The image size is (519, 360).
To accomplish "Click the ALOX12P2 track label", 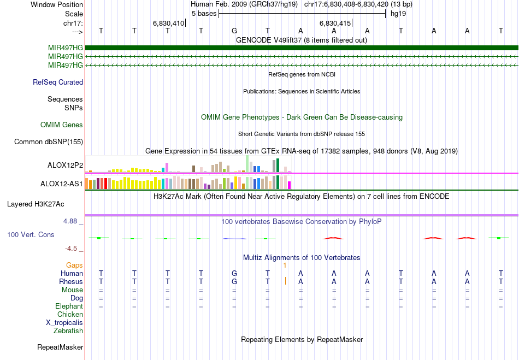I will point(65,165).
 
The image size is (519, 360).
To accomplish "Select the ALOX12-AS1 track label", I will point(62,184).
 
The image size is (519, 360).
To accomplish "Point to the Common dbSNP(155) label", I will point(49,142).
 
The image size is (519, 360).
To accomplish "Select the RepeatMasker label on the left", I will point(60,347).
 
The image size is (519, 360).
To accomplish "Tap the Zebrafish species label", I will point(68,331).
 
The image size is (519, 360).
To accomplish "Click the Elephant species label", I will point(69,306).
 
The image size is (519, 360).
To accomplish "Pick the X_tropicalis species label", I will point(64,322).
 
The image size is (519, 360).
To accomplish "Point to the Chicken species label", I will point(70,314).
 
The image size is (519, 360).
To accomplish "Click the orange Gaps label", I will point(74,265).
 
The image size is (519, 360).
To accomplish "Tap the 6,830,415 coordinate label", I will point(335,23).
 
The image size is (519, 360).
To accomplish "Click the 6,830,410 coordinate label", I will point(169,23).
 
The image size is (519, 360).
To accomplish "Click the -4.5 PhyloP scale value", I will point(72,249).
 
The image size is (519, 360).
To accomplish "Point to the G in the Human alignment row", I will point(234,273).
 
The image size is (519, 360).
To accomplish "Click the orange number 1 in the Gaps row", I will point(285,265).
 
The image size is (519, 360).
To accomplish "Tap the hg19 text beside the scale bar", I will point(398,13).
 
